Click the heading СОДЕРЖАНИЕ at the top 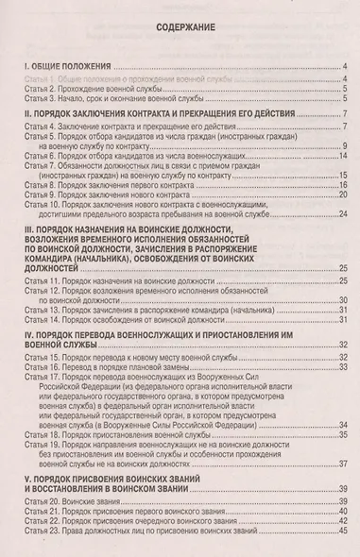coord(180,28)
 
